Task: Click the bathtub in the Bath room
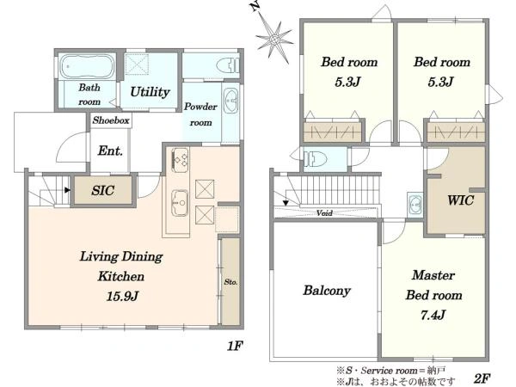pyautogui.click(x=87, y=66)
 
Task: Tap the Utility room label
pyautogui.click(x=150, y=92)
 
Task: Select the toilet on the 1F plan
pyautogui.click(x=228, y=65)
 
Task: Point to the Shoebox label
pyautogui.click(x=111, y=120)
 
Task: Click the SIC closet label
pyautogui.click(x=102, y=191)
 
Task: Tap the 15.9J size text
pyautogui.click(x=122, y=297)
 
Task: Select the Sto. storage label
pyautogui.click(x=230, y=282)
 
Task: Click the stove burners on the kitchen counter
pyautogui.click(x=180, y=160)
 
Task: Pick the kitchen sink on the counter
pyautogui.click(x=180, y=203)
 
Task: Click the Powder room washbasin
pyautogui.click(x=231, y=100)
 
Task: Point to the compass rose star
pyautogui.click(x=274, y=40)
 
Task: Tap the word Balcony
pyautogui.click(x=327, y=291)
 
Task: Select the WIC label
pyautogui.click(x=461, y=200)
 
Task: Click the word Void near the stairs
pyautogui.click(x=324, y=213)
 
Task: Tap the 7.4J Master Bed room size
pyautogui.click(x=433, y=316)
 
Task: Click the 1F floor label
pyautogui.click(x=235, y=346)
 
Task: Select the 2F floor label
pyautogui.click(x=482, y=378)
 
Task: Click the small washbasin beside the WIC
pyautogui.click(x=415, y=205)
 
